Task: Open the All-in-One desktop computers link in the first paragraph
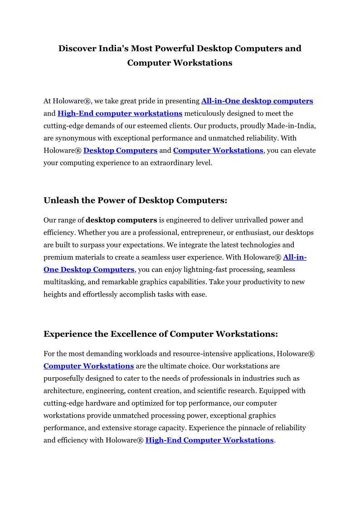(257, 101)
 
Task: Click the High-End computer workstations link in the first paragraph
(120, 113)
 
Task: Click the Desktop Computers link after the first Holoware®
(120, 150)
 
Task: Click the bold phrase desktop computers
(122, 220)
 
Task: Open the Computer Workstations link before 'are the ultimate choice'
(88, 366)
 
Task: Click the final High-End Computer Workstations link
(209, 440)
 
